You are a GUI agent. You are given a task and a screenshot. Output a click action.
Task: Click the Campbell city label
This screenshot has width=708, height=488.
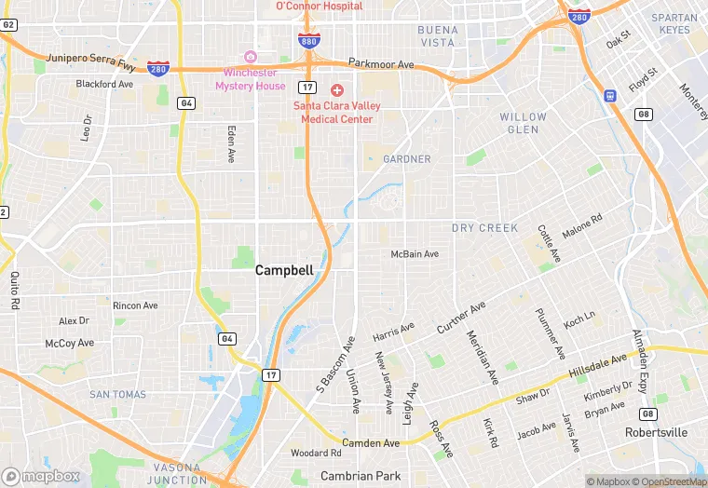tap(284, 271)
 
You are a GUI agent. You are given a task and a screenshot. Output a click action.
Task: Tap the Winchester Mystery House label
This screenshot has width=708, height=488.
tap(250, 79)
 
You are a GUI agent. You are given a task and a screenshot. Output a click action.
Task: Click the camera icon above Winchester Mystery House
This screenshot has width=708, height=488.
tap(249, 58)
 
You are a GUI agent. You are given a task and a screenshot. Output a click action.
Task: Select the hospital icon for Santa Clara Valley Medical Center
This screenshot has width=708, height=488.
tap(336, 89)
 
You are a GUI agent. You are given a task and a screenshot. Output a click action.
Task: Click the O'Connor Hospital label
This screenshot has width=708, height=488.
tap(319, 7)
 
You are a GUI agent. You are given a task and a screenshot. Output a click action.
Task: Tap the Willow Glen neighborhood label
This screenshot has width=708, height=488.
tap(524, 123)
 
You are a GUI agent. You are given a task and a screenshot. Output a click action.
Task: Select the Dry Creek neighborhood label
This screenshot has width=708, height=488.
tap(484, 228)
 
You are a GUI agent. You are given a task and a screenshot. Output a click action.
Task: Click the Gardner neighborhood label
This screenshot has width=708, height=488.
tap(407, 159)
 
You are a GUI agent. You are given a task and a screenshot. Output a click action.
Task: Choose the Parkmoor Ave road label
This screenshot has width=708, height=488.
tap(381, 64)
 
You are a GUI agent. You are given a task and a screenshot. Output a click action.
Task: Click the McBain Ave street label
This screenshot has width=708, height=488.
tap(414, 254)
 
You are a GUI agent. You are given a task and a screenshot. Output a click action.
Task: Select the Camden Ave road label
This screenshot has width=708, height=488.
tap(370, 443)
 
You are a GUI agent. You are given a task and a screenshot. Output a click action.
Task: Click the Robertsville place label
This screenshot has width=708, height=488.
tap(656, 433)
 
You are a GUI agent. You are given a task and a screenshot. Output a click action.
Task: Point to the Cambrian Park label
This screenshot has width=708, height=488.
tap(361, 476)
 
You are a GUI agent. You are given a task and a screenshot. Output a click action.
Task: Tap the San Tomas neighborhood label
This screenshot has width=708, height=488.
tap(117, 395)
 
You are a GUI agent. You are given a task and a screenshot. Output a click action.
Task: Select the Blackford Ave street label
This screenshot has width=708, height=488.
tap(104, 84)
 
